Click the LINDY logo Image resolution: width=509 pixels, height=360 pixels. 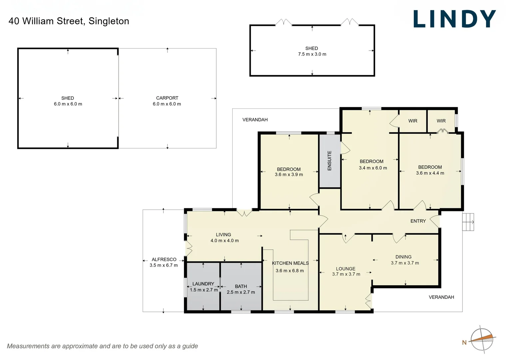[x=454, y=19]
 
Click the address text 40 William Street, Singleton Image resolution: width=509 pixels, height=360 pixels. [x=69, y=21]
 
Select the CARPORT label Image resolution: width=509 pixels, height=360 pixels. [x=167, y=98]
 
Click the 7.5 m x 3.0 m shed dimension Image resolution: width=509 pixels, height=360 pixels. [x=312, y=54]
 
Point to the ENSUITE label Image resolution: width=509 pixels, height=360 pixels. [x=329, y=161]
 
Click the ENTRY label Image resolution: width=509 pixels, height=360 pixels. [x=418, y=221]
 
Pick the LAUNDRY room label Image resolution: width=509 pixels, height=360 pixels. [x=203, y=284]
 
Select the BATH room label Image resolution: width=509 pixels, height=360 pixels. [x=241, y=286]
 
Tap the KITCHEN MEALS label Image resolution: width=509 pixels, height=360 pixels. [x=290, y=263]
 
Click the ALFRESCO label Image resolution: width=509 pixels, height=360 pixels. [x=164, y=259]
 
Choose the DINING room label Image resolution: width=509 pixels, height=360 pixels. [x=403, y=257]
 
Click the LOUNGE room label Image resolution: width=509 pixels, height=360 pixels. [x=345, y=269]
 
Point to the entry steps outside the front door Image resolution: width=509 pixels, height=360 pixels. [x=468, y=222]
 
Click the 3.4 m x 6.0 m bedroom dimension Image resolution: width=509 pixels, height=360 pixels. [x=373, y=168]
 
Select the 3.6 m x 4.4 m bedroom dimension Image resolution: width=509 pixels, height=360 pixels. [x=430, y=173]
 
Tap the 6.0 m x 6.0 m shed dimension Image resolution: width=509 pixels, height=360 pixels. [x=68, y=104]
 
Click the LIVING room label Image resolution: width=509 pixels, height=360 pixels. [x=223, y=235]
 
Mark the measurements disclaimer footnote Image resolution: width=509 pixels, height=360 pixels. [x=102, y=346]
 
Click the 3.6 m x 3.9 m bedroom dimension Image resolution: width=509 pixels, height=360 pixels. [x=289, y=175]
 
